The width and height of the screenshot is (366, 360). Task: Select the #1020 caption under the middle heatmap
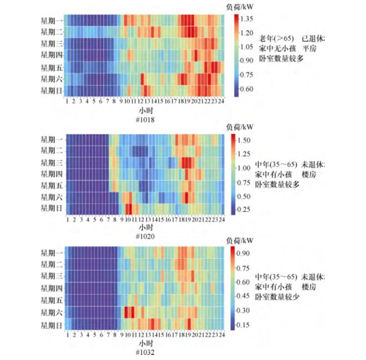tap(145, 236)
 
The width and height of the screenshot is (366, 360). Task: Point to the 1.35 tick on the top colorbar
tap(246, 19)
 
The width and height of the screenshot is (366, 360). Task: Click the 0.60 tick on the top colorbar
tap(246, 89)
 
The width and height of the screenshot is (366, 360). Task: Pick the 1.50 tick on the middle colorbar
tap(244, 140)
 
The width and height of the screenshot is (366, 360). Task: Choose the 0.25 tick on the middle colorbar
tap(244, 209)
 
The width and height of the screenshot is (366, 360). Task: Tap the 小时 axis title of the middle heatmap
tap(145, 228)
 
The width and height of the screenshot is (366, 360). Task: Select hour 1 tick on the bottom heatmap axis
tap(67, 334)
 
